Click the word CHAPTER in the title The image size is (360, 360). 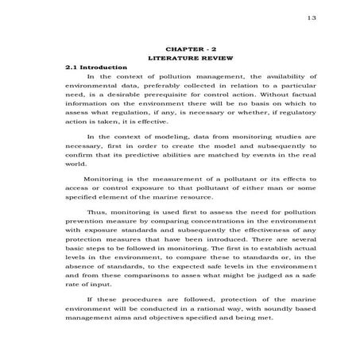point(168,48)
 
